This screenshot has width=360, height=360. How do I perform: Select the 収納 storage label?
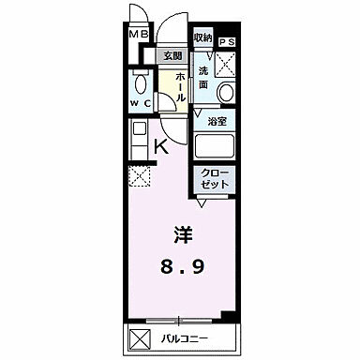(203, 37)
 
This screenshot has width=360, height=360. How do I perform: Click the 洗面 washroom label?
(203, 77)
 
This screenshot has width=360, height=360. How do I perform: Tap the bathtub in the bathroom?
(215, 145)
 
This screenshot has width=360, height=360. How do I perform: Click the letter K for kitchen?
(161, 145)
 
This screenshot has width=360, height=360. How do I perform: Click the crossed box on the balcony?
(138, 337)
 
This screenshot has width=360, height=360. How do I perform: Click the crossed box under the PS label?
(226, 64)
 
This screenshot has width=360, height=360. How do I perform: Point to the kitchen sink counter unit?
(137, 138)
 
